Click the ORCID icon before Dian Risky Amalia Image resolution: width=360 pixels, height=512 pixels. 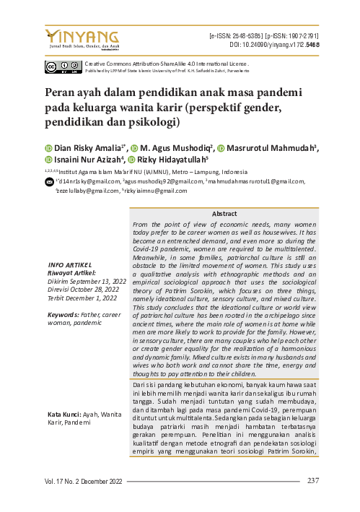coord(48,148)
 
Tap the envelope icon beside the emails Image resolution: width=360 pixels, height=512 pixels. coord(48,183)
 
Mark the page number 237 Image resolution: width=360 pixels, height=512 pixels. coord(313,481)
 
